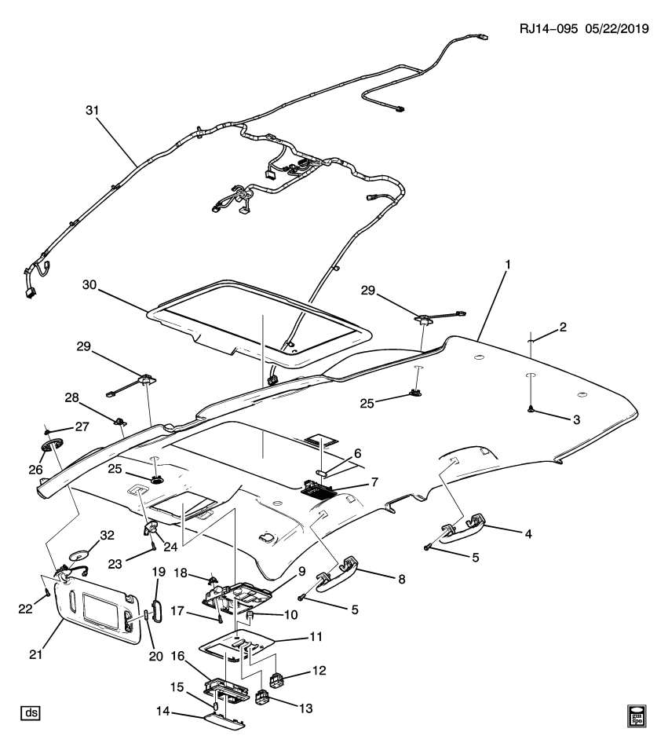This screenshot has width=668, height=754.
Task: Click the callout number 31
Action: tap(93, 110)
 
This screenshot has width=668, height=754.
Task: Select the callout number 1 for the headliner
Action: tap(508, 265)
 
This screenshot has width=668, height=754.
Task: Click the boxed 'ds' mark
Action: tap(31, 713)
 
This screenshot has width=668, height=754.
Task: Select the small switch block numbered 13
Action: tap(265, 697)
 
